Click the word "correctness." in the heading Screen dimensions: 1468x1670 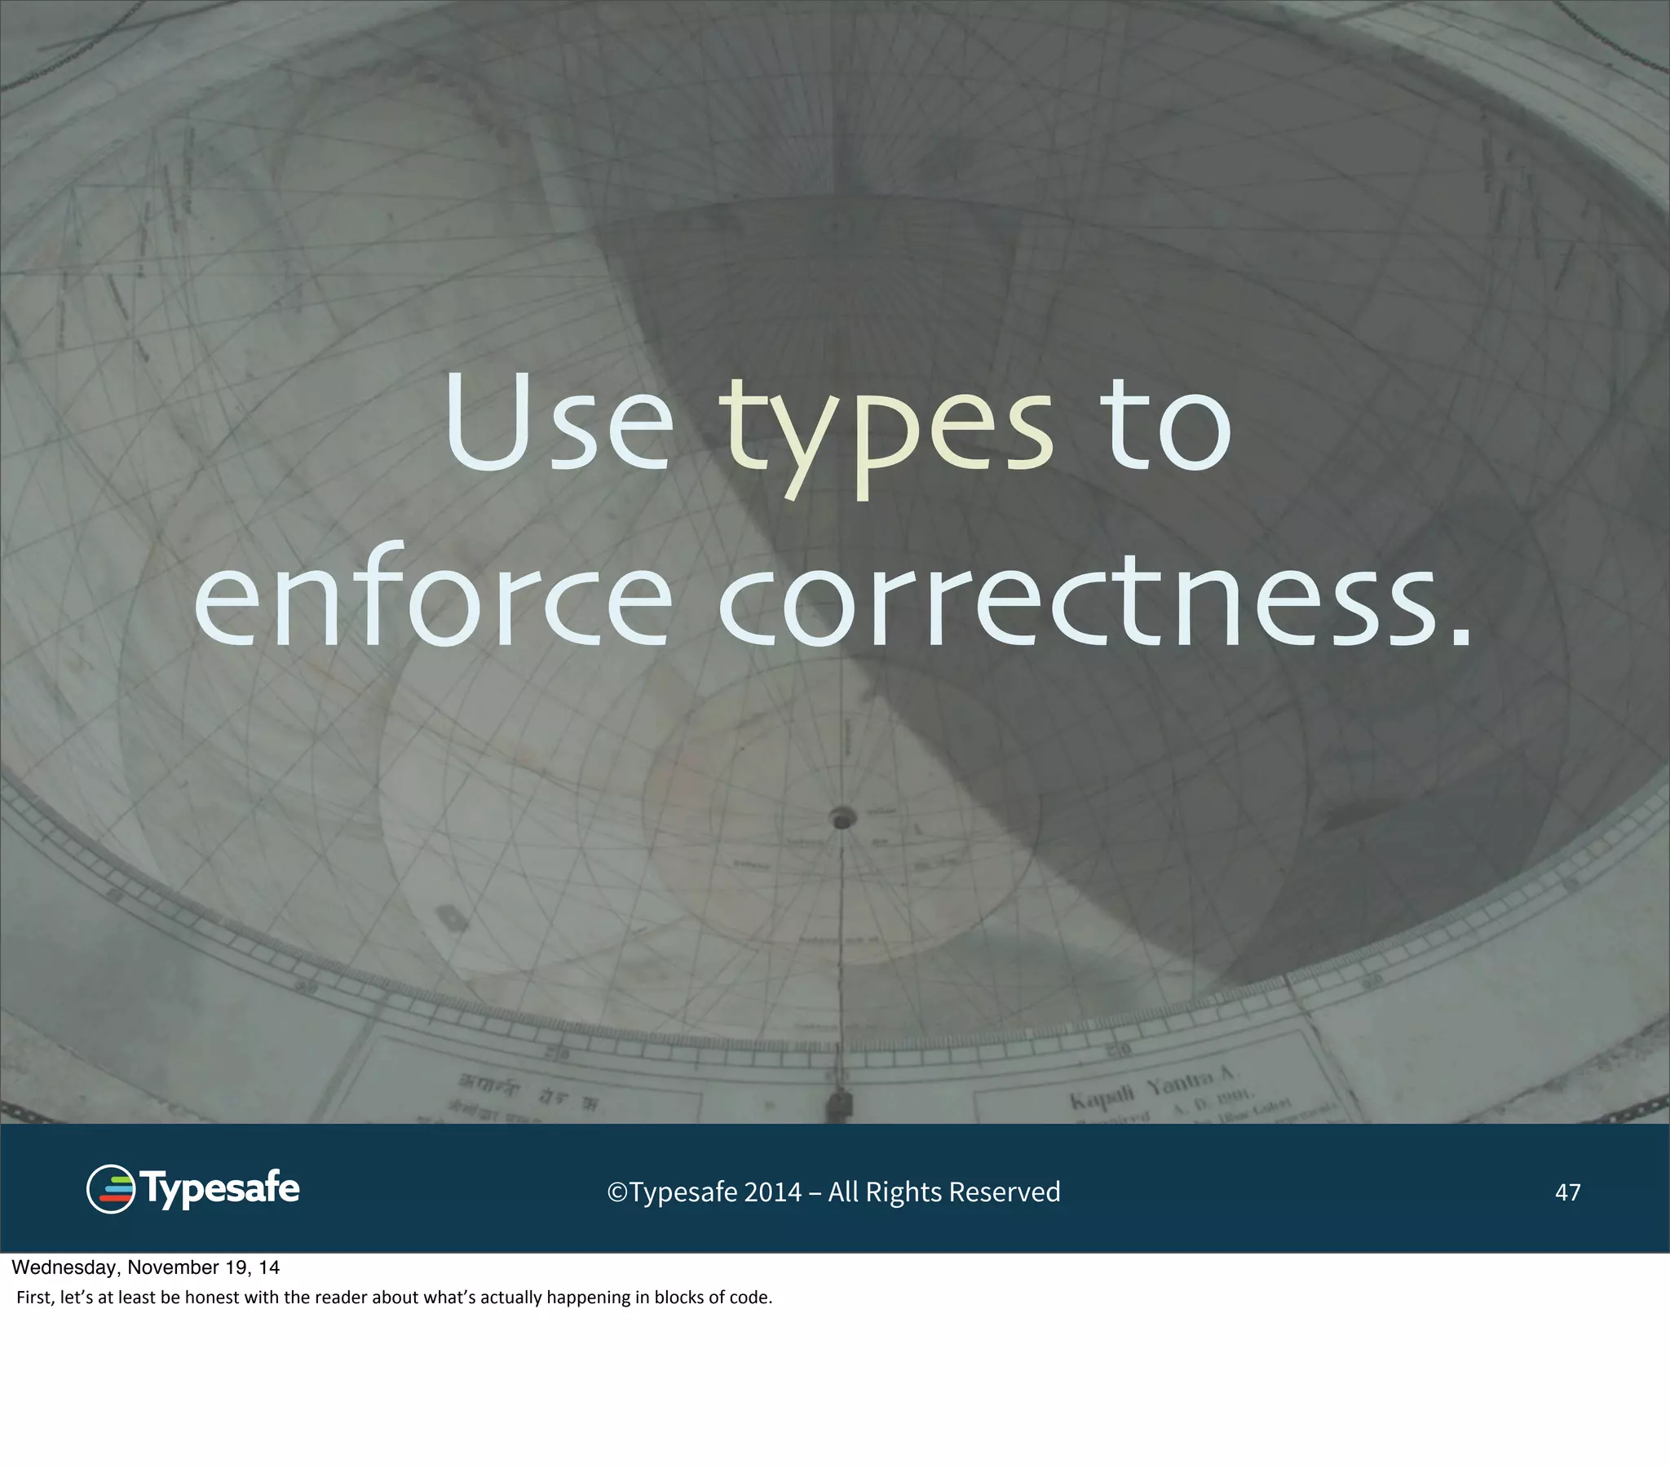pyautogui.click(x=1095, y=601)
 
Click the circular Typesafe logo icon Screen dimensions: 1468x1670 pyautogui.click(x=110, y=1189)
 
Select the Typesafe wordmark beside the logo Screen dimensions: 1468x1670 pyautogui.click(x=221, y=1189)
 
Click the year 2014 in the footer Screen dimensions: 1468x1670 pyautogui.click(x=772, y=1192)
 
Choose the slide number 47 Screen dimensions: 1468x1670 pyautogui.click(x=1567, y=1192)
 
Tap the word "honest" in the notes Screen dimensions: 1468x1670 pyautogui.click(x=212, y=1298)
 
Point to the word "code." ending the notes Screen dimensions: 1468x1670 pyautogui.click(x=750, y=1298)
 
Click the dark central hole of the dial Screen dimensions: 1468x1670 pyautogui.click(x=842, y=817)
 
